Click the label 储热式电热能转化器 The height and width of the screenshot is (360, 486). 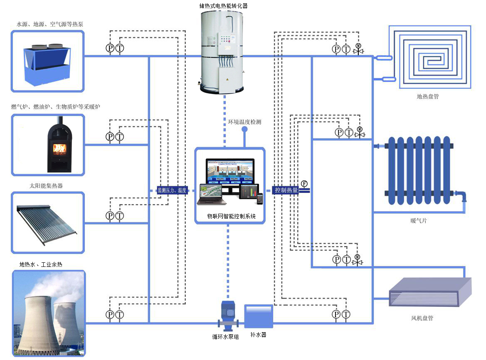click(x=224, y=5)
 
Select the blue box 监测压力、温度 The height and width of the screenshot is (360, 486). click(x=172, y=190)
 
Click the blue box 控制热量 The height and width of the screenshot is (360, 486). click(x=286, y=190)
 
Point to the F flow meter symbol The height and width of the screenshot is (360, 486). click(x=304, y=184)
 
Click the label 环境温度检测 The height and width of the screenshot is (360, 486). click(x=245, y=122)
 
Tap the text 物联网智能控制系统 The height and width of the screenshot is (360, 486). click(x=231, y=216)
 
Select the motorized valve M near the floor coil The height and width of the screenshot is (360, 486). click(x=358, y=49)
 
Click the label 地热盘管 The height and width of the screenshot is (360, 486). click(x=428, y=96)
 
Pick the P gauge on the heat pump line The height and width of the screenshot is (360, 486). click(x=110, y=48)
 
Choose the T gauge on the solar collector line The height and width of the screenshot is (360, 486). click(x=120, y=216)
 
